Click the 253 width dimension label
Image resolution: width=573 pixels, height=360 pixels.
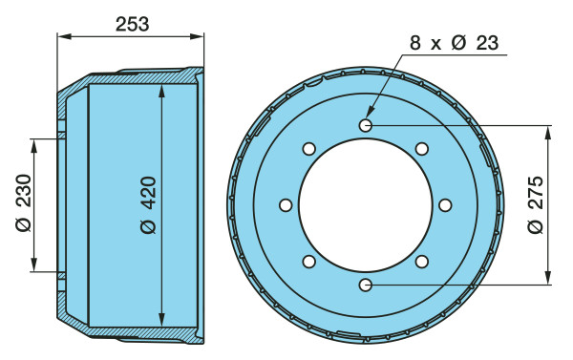(133, 24)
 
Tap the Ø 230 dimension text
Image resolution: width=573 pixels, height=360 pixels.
(24, 202)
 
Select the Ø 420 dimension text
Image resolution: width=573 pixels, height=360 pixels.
(149, 205)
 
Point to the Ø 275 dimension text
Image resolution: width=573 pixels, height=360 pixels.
(536, 204)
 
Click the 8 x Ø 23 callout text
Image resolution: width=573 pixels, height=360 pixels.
(455, 43)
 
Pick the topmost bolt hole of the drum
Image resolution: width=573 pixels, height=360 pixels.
(366, 126)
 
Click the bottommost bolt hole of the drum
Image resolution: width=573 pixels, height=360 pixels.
(366, 285)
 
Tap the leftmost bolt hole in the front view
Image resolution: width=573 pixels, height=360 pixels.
(286, 205)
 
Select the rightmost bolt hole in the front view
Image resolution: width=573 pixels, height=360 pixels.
(445, 205)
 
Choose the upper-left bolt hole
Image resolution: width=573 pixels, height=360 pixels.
(309, 149)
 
